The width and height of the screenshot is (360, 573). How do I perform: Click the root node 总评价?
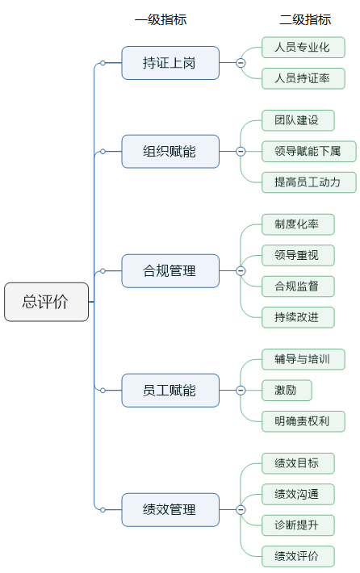click(x=46, y=302)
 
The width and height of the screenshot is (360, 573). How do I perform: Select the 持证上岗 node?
click(x=170, y=63)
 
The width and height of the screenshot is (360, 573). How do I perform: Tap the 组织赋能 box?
click(x=170, y=151)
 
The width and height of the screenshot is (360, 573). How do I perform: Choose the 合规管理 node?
click(x=170, y=271)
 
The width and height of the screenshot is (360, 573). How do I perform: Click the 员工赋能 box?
click(x=170, y=391)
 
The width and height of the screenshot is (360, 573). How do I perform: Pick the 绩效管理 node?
click(x=170, y=510)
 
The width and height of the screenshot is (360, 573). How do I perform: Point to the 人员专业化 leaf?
click(x=303, y=48)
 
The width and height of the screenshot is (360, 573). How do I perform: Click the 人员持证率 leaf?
click(x=303, y=78)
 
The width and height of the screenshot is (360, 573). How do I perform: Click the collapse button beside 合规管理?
click(x=241, y=271)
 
